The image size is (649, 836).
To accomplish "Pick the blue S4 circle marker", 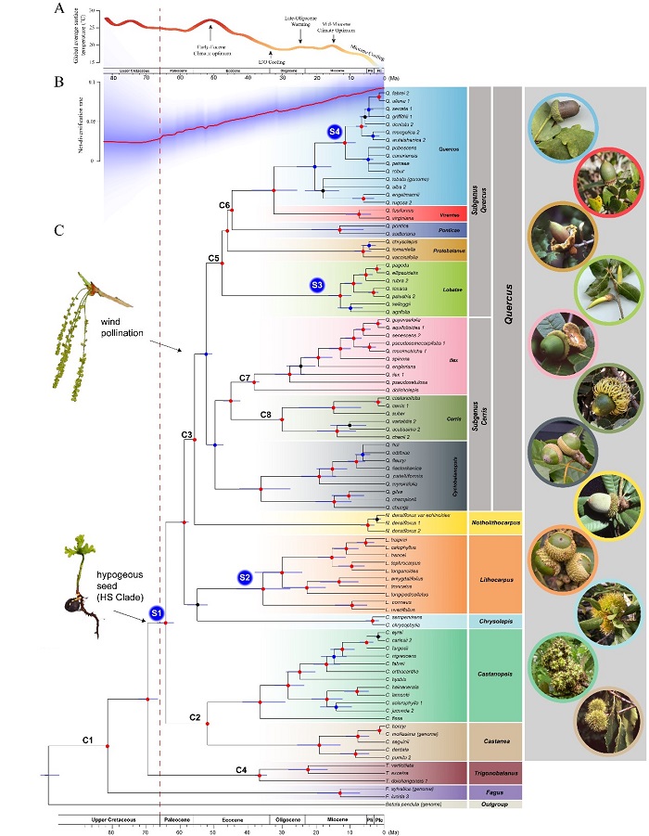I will pos(333,133).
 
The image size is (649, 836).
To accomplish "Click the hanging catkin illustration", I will pos(91,287).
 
